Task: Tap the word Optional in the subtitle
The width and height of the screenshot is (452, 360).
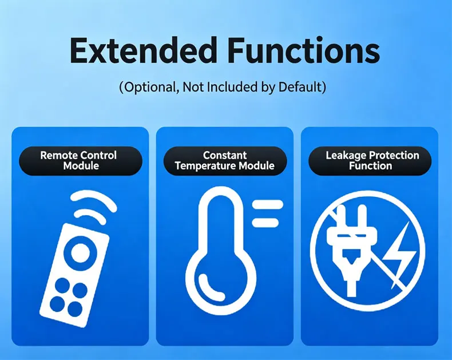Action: [150, 87]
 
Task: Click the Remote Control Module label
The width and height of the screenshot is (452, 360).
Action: [81, 161]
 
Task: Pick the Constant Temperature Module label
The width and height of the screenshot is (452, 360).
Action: [225, 161]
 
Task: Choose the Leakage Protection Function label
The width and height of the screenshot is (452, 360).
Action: [370, 161]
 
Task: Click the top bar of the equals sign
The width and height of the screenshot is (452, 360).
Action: [268, 204]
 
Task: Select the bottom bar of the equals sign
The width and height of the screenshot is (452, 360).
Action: [265, 223]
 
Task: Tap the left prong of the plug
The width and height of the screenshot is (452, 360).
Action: [342, 216]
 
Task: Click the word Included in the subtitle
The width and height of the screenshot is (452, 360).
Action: [232, 86]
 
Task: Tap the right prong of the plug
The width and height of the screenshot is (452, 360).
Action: [362, 216]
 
